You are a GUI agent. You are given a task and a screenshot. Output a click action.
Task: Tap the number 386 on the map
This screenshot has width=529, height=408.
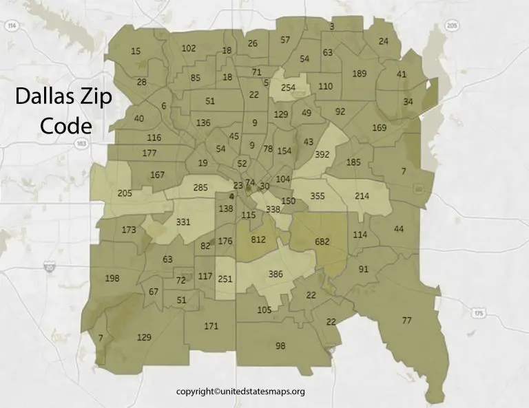click(276, 274)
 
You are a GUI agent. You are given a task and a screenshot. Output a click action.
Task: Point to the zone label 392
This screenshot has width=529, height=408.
click(322, 155)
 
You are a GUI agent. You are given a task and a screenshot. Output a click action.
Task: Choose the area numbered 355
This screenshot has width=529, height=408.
click(318, 196)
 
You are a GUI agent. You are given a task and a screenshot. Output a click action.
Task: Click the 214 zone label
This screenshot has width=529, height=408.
click(362, 196)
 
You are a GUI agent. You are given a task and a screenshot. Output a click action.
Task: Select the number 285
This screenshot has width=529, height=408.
click(200, 187)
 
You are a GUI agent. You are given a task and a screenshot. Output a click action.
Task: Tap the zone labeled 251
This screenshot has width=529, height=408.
click(225, 279)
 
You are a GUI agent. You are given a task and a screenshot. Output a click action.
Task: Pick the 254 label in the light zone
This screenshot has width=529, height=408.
click(288, 88)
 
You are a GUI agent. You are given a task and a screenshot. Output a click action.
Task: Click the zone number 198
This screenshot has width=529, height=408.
click(112, 278)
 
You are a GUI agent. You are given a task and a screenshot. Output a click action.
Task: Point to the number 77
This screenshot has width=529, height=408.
click(406, 321)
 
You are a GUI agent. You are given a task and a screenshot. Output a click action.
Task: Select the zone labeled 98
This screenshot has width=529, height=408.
click(280, 345)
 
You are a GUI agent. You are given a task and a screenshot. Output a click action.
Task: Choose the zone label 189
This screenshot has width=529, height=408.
click(359, 74)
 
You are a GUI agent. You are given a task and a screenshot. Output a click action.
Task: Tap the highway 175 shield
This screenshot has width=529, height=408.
click(478, 313)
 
